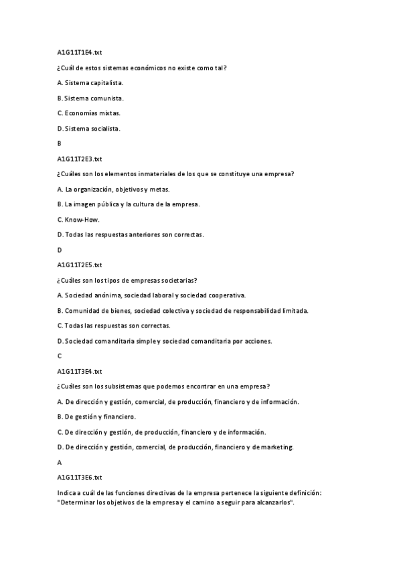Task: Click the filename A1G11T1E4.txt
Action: tap(80, 52)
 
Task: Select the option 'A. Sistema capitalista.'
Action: tap(90, 82)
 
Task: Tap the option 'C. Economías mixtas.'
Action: tap(89, 113)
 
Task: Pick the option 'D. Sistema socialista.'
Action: tap(89, 128)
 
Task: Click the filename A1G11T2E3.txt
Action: tap(80, 159)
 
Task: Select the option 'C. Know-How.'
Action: tap(79, 219)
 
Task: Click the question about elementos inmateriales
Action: tap(176, 174)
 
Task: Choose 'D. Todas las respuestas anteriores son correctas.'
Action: tap(131, 234)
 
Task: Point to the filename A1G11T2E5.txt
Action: tap(80, 265)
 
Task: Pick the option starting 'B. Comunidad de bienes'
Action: tap(183, 311)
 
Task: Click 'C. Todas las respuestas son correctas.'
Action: tap(114, 326)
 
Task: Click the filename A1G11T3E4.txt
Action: tap(80, 371)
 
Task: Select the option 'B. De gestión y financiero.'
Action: tap(96, 417)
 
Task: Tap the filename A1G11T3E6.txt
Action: tap(80, 477)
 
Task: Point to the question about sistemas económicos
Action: tap(142, 68)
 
